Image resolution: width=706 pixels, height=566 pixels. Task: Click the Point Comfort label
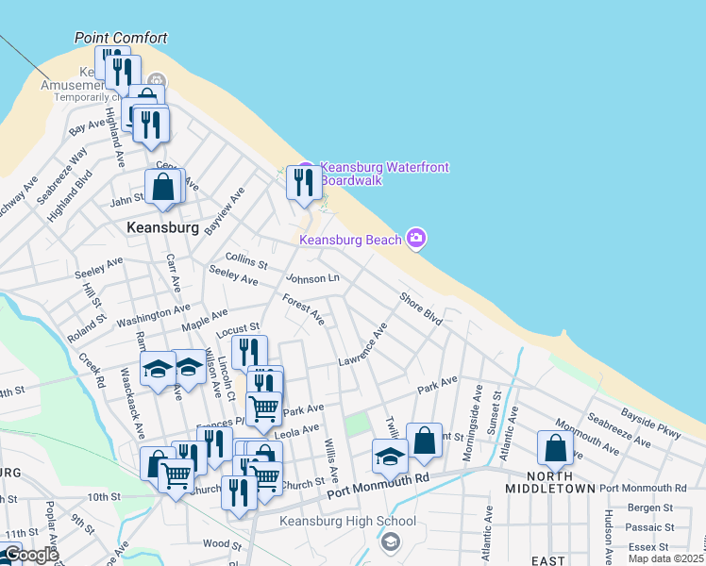pos(121,38)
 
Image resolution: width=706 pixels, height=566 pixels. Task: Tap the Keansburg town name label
pos(162,228)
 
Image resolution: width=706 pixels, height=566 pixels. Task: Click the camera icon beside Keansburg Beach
pos(416,238)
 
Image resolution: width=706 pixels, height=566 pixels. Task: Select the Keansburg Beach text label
pos(351,240)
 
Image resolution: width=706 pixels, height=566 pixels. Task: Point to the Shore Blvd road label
pos(420,308)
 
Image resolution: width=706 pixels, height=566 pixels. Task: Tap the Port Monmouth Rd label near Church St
pos(378,486)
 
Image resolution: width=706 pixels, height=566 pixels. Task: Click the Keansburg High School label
pos(347,521)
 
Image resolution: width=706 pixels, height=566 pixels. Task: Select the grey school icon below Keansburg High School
pos(390,542)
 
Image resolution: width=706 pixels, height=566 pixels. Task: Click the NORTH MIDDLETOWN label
pos(550,481)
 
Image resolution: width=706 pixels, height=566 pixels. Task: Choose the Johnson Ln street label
pos(312,278)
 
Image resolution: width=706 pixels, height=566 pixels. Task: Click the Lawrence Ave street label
pos(363,349)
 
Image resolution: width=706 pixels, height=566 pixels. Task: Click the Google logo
pos(30,555)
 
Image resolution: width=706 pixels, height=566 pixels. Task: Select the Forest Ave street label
pos(303,309)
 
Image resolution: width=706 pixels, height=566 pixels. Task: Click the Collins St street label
pos(246,259)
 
